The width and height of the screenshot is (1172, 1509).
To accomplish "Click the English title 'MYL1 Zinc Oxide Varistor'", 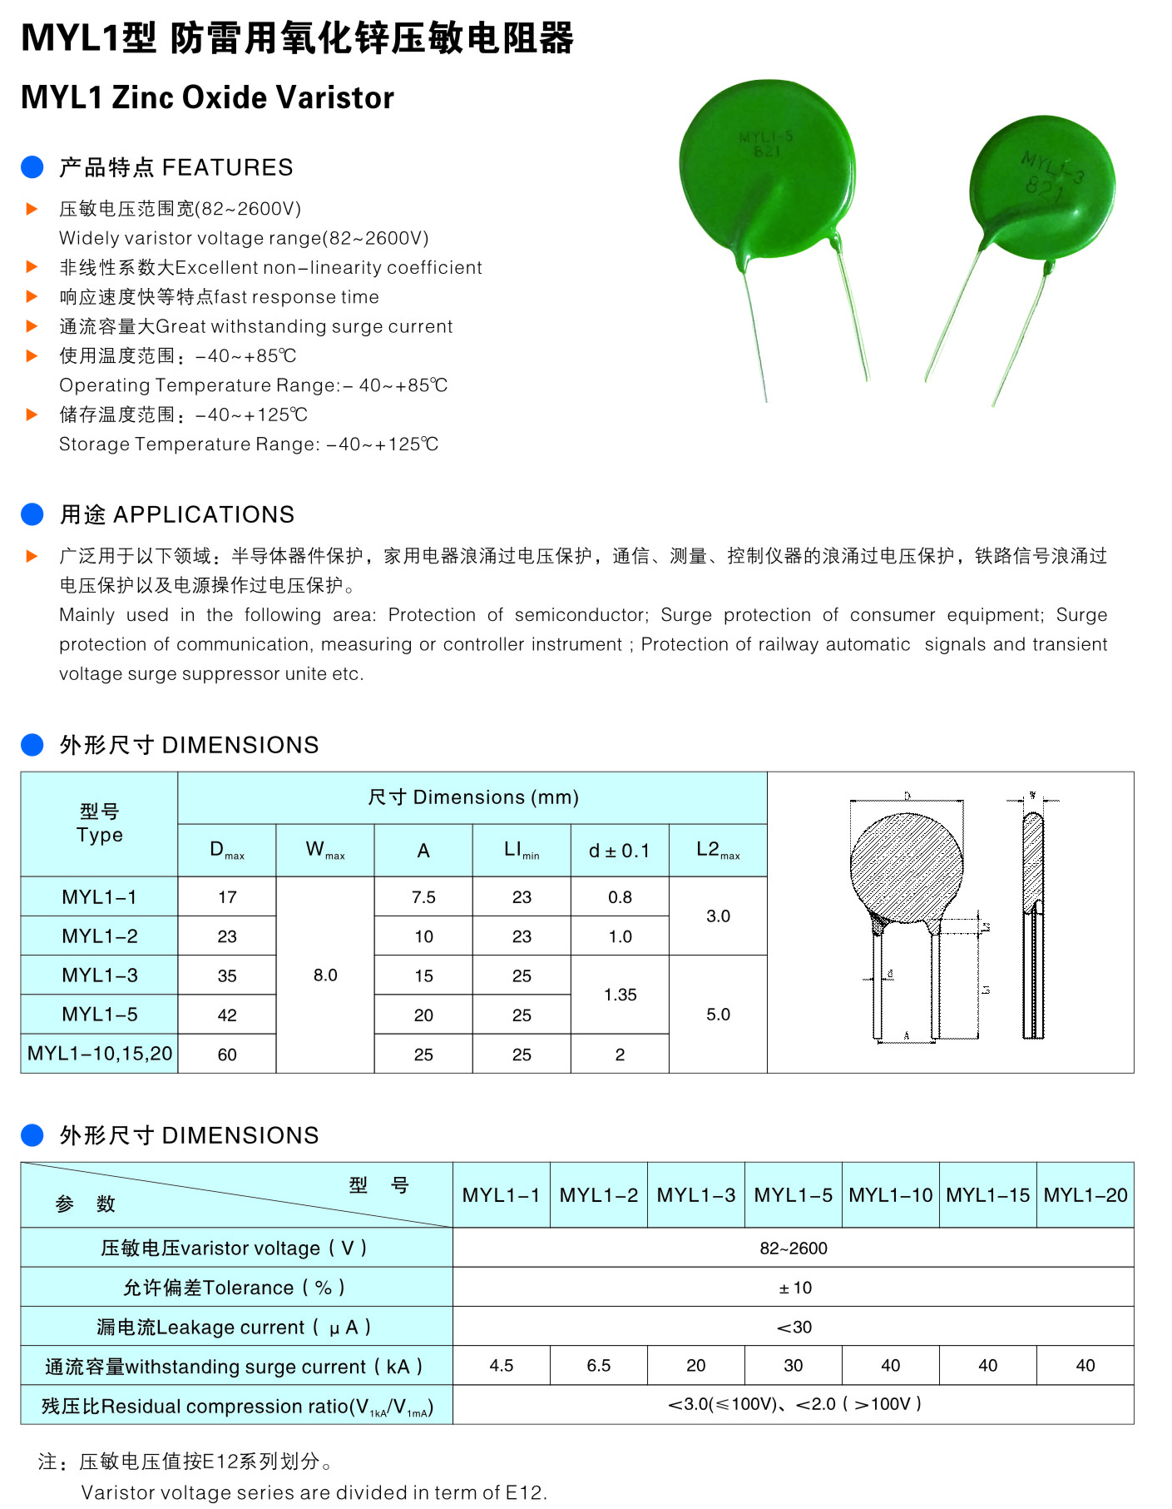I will click(207, 97).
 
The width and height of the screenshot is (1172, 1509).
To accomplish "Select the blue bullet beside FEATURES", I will click(32, 167).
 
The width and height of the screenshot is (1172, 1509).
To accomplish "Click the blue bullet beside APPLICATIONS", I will click(32, 514).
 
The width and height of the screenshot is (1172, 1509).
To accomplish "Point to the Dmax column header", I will click(226, 850).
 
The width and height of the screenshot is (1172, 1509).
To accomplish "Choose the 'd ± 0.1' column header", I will click(619, 851).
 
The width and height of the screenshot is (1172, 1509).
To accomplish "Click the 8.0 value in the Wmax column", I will click(325, 975).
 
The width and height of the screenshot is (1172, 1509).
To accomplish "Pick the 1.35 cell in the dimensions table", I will click(620, 995).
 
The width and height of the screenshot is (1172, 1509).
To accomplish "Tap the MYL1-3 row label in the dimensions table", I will click(100, 975).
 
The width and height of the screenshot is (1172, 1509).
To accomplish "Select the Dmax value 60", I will click(227, 1055).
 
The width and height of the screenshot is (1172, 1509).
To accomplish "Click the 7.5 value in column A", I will click(423, 897).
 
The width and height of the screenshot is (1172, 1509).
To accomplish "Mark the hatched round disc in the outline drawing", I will click(906, 867).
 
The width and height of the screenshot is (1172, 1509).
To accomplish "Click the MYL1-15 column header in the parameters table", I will click(987, 1195).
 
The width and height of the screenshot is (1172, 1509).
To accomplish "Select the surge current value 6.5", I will click(598, 1366).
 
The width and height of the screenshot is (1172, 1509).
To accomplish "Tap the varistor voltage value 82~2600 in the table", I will click(794, 1248).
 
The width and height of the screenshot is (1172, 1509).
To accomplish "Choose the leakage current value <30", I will click(794, 1327).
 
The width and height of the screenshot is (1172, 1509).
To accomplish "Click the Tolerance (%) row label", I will click(235, 1288).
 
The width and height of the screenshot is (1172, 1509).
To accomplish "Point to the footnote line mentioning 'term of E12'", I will click(314, 1492).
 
